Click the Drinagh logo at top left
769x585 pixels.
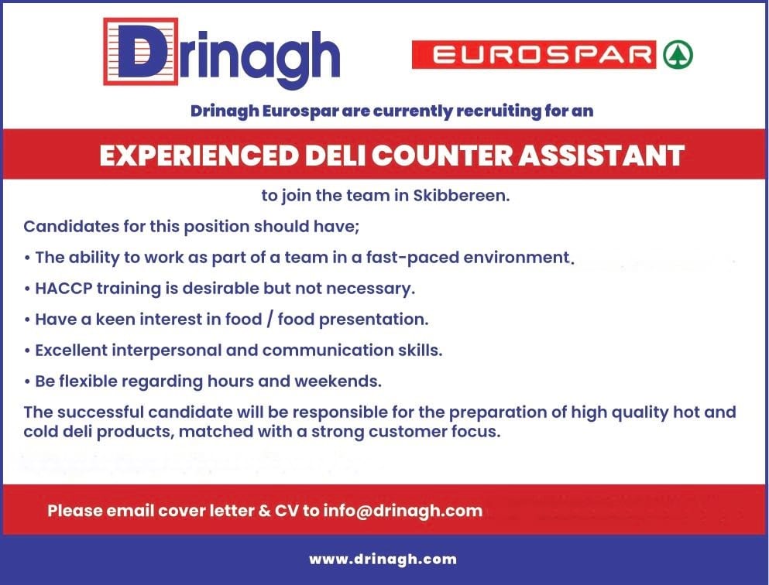[221, 52]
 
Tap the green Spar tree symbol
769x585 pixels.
[678, 54]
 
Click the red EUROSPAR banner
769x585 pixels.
[534, 54]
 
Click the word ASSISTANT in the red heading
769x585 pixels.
[601, 156]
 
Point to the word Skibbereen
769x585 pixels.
[462, 196]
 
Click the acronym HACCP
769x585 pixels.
[64, 288]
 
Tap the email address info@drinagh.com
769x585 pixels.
[403, 511]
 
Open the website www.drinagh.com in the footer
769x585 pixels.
[383, 559]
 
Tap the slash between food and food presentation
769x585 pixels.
[269, 320]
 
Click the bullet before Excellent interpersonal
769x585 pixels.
[27, 351]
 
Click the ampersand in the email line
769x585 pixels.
[264, 511]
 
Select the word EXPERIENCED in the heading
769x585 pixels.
[199, 156]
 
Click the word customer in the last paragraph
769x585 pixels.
[407, 432]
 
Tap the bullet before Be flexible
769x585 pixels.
[27, 382]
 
